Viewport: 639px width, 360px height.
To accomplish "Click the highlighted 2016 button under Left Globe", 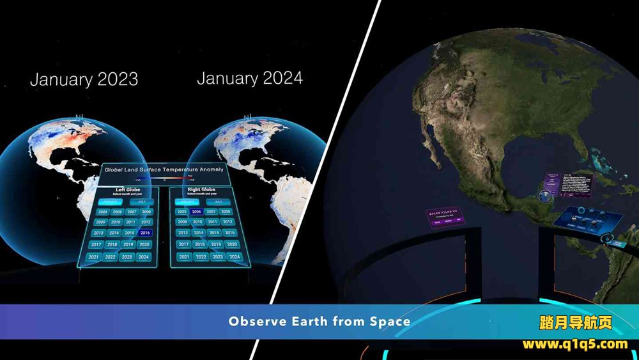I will click(x=145, y=233).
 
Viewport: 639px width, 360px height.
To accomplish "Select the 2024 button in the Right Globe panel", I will click(x=235, y=256).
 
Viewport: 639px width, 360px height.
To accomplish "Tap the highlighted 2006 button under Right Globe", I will click(x=196, y=211).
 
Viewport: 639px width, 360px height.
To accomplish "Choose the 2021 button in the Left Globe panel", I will click(x=94, y=257).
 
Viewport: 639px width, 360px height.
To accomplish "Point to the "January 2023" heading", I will click(x=84, y=79).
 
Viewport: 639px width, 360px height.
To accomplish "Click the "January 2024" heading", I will click(x=250, y=78).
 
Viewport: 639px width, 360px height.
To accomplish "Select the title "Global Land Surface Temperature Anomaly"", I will click(x=164, y=169).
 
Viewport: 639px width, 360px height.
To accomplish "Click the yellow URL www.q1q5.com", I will click(x=575, y=344).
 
